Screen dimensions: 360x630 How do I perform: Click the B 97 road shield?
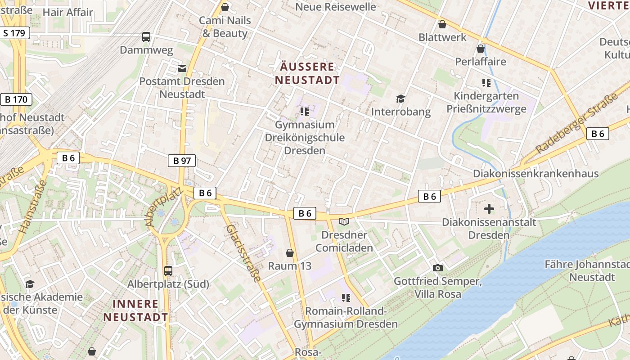(x=182, y=161)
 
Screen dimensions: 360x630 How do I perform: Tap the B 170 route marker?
(x=17, y=99)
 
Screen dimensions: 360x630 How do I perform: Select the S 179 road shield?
(x=14, y=33)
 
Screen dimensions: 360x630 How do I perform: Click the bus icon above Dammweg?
(x=146, y=37)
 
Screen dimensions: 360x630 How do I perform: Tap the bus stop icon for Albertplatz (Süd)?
(x=168, y=271)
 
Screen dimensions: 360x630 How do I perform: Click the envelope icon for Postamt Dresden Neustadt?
(x=182, y=68)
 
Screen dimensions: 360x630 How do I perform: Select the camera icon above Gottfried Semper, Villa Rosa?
(x=437, y=268)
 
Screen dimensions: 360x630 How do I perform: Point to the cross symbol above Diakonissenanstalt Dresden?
(x=489, y=209)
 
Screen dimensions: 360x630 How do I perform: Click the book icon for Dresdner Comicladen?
(x=344, y=221)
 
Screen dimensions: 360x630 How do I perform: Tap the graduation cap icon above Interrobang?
(x=400, y=99)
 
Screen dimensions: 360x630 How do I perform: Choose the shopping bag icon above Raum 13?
(x=290, y=253)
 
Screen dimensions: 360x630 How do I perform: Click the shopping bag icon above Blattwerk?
(x=442, y=24)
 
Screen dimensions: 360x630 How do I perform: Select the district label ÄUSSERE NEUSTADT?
(x=307, y=74)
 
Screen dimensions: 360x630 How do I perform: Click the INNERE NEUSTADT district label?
(x=135, y=310)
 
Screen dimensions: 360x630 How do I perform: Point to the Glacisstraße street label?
(x=243, y=253)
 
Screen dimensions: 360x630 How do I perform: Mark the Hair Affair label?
(x=67, y=12)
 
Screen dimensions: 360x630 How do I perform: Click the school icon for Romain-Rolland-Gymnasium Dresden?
(x=346, y=297)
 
